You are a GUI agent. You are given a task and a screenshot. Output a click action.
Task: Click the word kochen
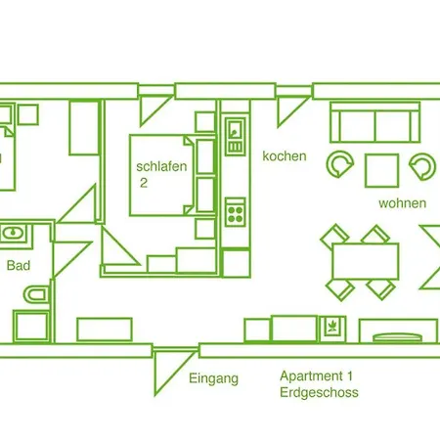coord(285,156)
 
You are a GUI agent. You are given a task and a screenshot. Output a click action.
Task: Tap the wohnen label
coord(403,203)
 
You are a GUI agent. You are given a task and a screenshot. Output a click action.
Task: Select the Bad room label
coord(19,266)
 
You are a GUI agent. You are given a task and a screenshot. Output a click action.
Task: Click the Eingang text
coord(214,379)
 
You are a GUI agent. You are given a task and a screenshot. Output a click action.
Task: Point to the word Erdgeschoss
coord(319,392)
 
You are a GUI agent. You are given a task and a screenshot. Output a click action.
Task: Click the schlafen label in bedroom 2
coord(161,166)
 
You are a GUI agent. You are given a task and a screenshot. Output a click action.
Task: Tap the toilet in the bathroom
coord(36,294)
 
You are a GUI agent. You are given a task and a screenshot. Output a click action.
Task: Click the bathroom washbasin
coord(13,234)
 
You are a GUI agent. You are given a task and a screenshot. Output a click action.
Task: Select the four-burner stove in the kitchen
coord(235,212)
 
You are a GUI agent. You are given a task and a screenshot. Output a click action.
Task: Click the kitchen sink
coord(235,135)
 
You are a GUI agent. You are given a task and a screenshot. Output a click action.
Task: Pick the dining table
coord(366,261)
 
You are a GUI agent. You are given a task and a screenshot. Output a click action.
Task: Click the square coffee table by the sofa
coord(381,171)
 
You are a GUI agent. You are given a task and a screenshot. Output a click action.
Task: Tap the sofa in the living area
coord(374,122)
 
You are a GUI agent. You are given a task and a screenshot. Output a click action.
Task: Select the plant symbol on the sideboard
coord(332,327)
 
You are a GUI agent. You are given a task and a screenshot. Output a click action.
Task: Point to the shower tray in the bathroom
coord(31,327)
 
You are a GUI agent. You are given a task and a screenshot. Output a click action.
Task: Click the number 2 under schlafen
coord(144,183)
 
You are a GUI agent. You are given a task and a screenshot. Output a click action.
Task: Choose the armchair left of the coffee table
coord(340,164)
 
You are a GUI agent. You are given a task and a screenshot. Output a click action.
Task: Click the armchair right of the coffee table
coord(422,166)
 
